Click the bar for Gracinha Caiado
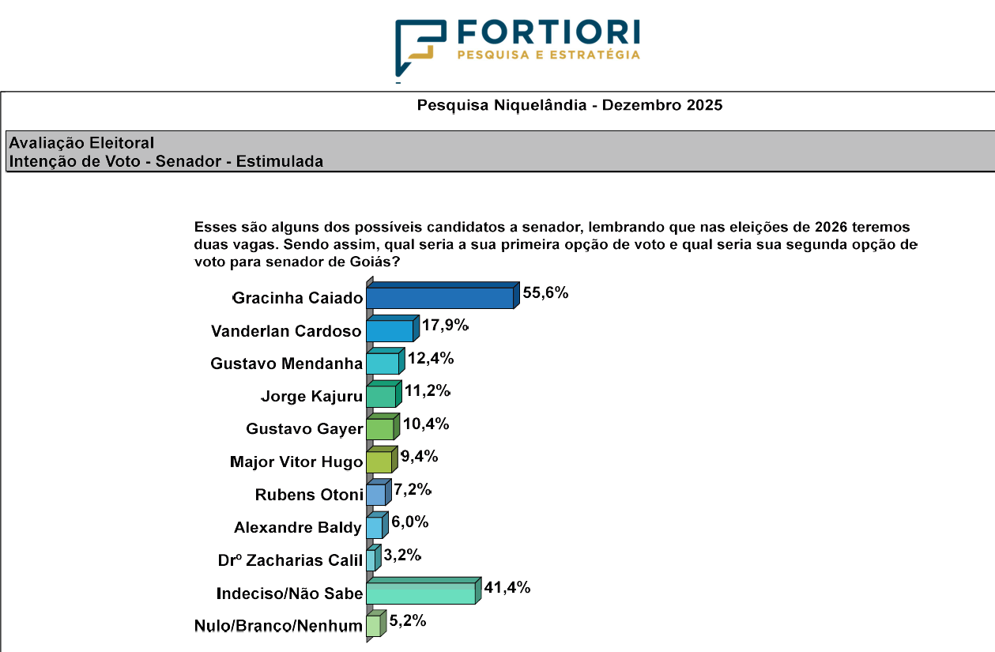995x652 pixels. pyautogui.click(x=440, y=297)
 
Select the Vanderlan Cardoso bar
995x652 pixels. pyautogui.click(x=390, y=330)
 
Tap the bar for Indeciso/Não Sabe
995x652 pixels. pyautogui.click(x=420, y=593)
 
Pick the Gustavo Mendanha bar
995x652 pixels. pyautogui.click(x=383, y=364)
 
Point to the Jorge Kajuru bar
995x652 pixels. pyautogui.click(x=381, y=396)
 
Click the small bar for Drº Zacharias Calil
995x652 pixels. pyautogui.click(x=371, y=560)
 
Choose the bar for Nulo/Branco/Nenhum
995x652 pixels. pyautogui.click(x=373, y=626)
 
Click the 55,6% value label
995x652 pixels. pyautogui.click(x=545, y=292)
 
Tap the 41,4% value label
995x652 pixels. pyautogui.click(x=507, y=587)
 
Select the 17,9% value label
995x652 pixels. pyautogui.click(x=445, y=325)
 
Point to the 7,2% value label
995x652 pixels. pyautogui.click(x=412, y=489)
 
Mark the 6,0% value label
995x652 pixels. pyautogui.click(x=409, y=522)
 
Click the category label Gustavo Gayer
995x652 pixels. pyautogui.click(x=304, y=429)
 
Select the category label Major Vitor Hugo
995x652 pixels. pyautogui.click(x=296, y=462)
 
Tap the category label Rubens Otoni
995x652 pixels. pyautogui.click(x=309, y=495)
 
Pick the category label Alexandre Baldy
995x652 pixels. pyautogui.click(x=298, y=527)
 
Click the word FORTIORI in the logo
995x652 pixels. pyautogui.click(x=548, y=31)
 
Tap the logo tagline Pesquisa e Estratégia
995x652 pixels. pyautogui.click(x=548, y=55)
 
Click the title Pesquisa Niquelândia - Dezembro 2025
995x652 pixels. pyautogui.click(x=569, y=105)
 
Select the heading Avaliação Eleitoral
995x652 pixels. pyautogui.click(x=81, y=143)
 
